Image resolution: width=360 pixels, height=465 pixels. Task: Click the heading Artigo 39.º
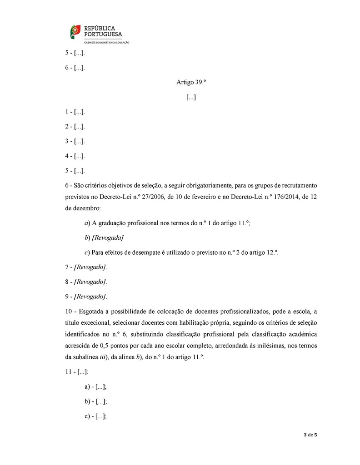pyautogui.click(x=191, y=82)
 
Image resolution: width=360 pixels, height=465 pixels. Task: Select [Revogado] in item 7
pyautogui.click(x=90, y=267)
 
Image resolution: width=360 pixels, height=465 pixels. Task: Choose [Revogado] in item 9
pyautogui.click(x=90, y=297)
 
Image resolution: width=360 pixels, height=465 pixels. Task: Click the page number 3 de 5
pyautogui.click(x=310, y=435)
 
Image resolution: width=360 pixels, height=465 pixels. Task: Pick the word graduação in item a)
pyautogui.click(x=115, y=223)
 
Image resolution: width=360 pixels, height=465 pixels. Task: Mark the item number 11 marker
pyautogui.click(x=69, y=372)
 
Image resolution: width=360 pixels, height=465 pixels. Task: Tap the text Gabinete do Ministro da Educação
pyautogui.click(x=105, y=42)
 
